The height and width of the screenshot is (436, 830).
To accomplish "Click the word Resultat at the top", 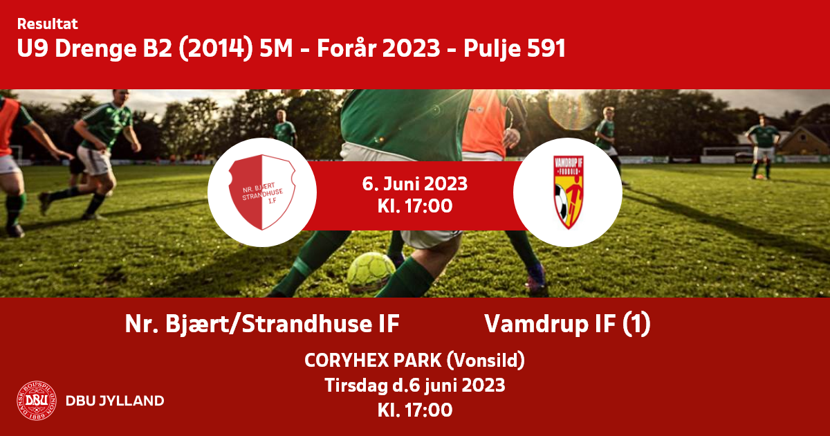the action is [x=48, y=24].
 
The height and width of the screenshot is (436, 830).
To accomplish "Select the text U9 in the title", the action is [x=33, y=48].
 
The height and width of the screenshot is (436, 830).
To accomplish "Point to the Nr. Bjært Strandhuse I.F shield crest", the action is [x=262, y=192].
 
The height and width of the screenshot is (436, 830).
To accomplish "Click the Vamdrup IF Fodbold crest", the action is [x=569, y=192].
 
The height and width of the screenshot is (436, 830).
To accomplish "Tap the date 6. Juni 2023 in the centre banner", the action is [x=414, y=184].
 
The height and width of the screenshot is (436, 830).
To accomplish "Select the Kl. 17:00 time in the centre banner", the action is [x=414, y=206].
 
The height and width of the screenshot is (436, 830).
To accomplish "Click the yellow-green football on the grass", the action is [x=371, y=272].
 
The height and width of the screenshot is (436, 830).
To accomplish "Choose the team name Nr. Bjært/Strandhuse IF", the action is [x=262, y=324].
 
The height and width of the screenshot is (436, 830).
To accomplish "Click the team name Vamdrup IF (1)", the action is [x=567, y=325].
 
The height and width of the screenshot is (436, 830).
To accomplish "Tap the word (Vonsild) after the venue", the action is [x=486, y=361].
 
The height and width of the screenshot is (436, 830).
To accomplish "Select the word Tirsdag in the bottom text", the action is [x=356, y=385].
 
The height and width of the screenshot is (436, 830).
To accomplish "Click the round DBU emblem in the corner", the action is [x=37, y=401].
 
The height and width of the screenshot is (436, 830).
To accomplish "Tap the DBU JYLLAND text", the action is [x=115, y=401].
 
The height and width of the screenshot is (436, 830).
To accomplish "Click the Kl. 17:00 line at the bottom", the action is [x=414, y=410].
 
